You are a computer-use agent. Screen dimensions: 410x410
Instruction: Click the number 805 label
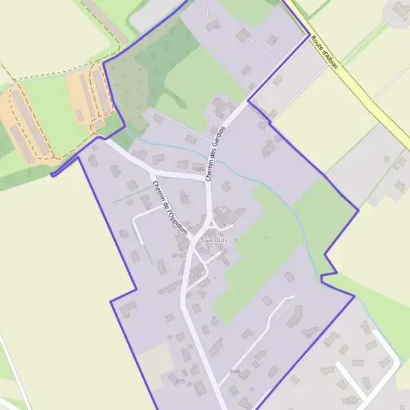click(180, 381)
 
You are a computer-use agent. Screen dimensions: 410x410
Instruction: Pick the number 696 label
click(235, 372)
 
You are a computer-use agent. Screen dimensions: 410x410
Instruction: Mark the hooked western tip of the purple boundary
click(53, 174)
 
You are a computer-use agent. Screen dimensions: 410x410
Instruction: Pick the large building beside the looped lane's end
click(295, 316)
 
